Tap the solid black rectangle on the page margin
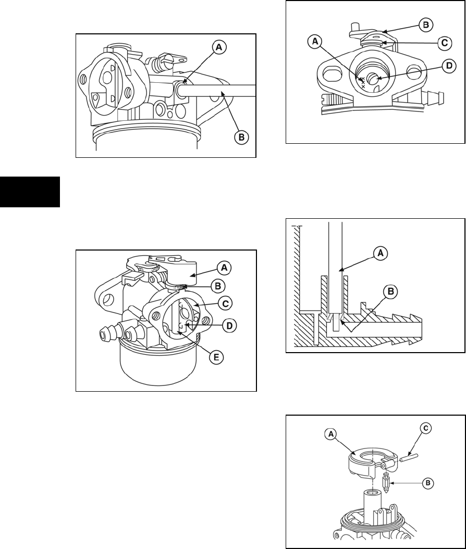[30, 193]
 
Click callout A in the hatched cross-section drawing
[380, 253]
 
